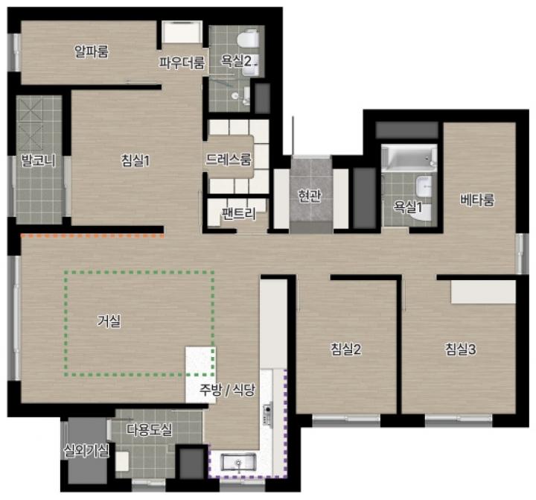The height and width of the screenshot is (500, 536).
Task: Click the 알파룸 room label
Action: (x=92, y=51)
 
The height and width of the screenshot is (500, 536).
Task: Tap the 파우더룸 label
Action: (x=182, y=63)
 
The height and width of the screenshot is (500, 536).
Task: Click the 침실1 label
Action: (x=135, y=160)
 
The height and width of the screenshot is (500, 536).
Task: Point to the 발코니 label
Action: (x=39, y=160)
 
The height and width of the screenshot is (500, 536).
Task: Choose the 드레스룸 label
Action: (x=229, y=159)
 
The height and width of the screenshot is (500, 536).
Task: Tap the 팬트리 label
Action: (x=239, y=214)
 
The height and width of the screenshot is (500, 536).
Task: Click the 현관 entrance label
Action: (x=310, y=195)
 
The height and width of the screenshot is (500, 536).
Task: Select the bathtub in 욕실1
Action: (x=409, y=158)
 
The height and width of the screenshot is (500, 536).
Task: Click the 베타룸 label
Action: (x=477, y=200)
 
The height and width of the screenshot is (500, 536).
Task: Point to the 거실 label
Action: (x=109, y=320)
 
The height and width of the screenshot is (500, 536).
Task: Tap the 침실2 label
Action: (x=345, y=349)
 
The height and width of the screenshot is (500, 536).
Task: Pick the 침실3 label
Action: (x=461, y=349)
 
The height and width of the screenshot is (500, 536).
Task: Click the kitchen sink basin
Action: (x=238, y=462)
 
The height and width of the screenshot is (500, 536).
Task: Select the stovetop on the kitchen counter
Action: (x=268, y=414)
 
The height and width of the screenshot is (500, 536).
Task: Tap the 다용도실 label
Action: (x=150, y=429)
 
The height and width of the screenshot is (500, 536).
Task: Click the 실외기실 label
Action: (x=86, y=451)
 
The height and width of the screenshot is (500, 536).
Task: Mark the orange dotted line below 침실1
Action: (x=92, y=235)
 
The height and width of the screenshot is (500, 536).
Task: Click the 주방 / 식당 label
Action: (x=227, y=389)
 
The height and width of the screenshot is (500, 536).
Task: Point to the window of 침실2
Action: (x=346, y=420)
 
